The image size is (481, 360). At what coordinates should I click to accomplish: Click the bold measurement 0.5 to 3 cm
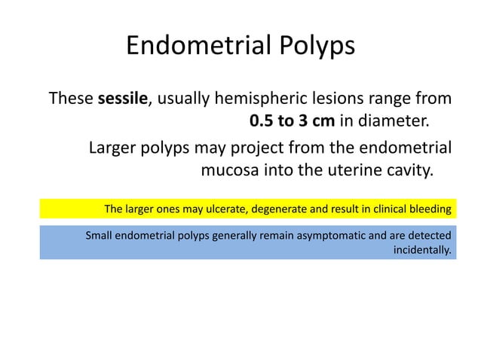(x=292, y=121)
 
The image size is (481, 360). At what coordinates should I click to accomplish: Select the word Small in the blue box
(x=99, y=235)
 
